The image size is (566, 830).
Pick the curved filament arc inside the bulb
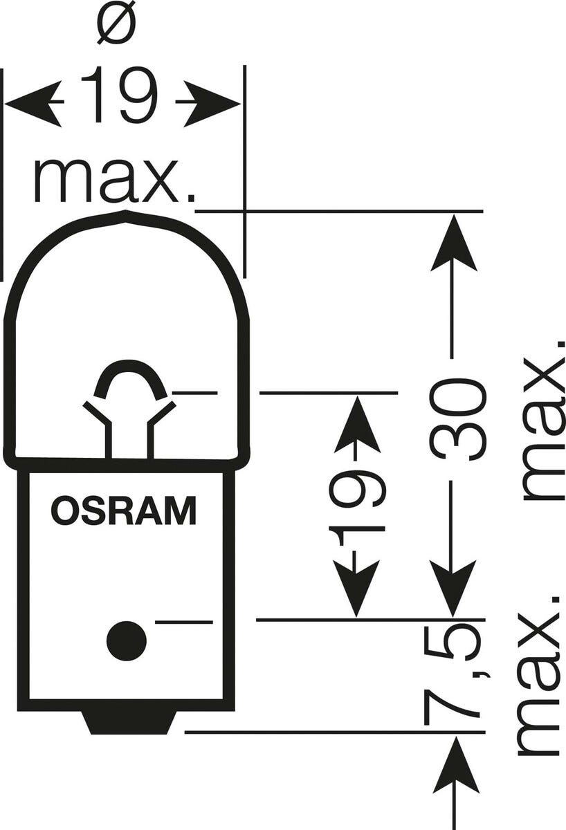(131, 379)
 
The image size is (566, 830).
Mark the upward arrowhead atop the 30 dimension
(453, 242)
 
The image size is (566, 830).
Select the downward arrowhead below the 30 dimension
(453, 588)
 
